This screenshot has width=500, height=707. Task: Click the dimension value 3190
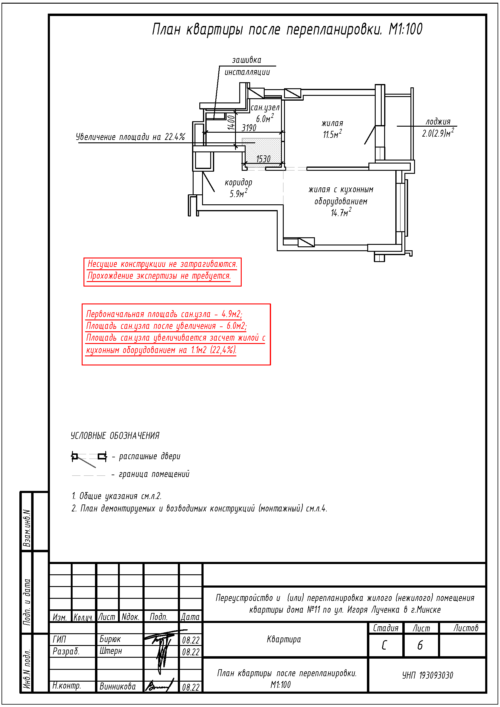tap(249, 128)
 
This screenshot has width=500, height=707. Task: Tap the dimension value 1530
tap(263, 159)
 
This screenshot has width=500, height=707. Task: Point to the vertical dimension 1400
tap(231, 122)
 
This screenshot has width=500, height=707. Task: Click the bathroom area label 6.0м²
tap(265, 118)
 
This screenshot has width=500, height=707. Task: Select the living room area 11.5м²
tap(332, 134)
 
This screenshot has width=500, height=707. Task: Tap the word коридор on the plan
tap(238, 182)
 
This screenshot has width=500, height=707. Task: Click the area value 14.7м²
tap(341, 213)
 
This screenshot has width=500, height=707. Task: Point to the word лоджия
tap(438, 122)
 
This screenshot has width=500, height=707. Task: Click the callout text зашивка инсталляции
tap(247, 66)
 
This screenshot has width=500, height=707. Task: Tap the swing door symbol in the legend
tap(89, 457)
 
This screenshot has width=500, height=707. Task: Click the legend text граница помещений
tap(154, 474)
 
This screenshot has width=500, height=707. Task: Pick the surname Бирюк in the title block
tap(110, 639)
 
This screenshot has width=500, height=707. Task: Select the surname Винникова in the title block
tap(117, 686)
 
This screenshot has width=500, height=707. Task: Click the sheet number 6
tap(420, 645)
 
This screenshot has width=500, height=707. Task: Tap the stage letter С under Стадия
tap(384, 645)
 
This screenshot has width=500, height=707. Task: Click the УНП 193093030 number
tap(427, 675)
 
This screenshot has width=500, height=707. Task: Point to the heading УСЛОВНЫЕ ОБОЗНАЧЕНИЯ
tap(115, 436)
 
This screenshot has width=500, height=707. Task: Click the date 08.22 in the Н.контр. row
tap(190, 687)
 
